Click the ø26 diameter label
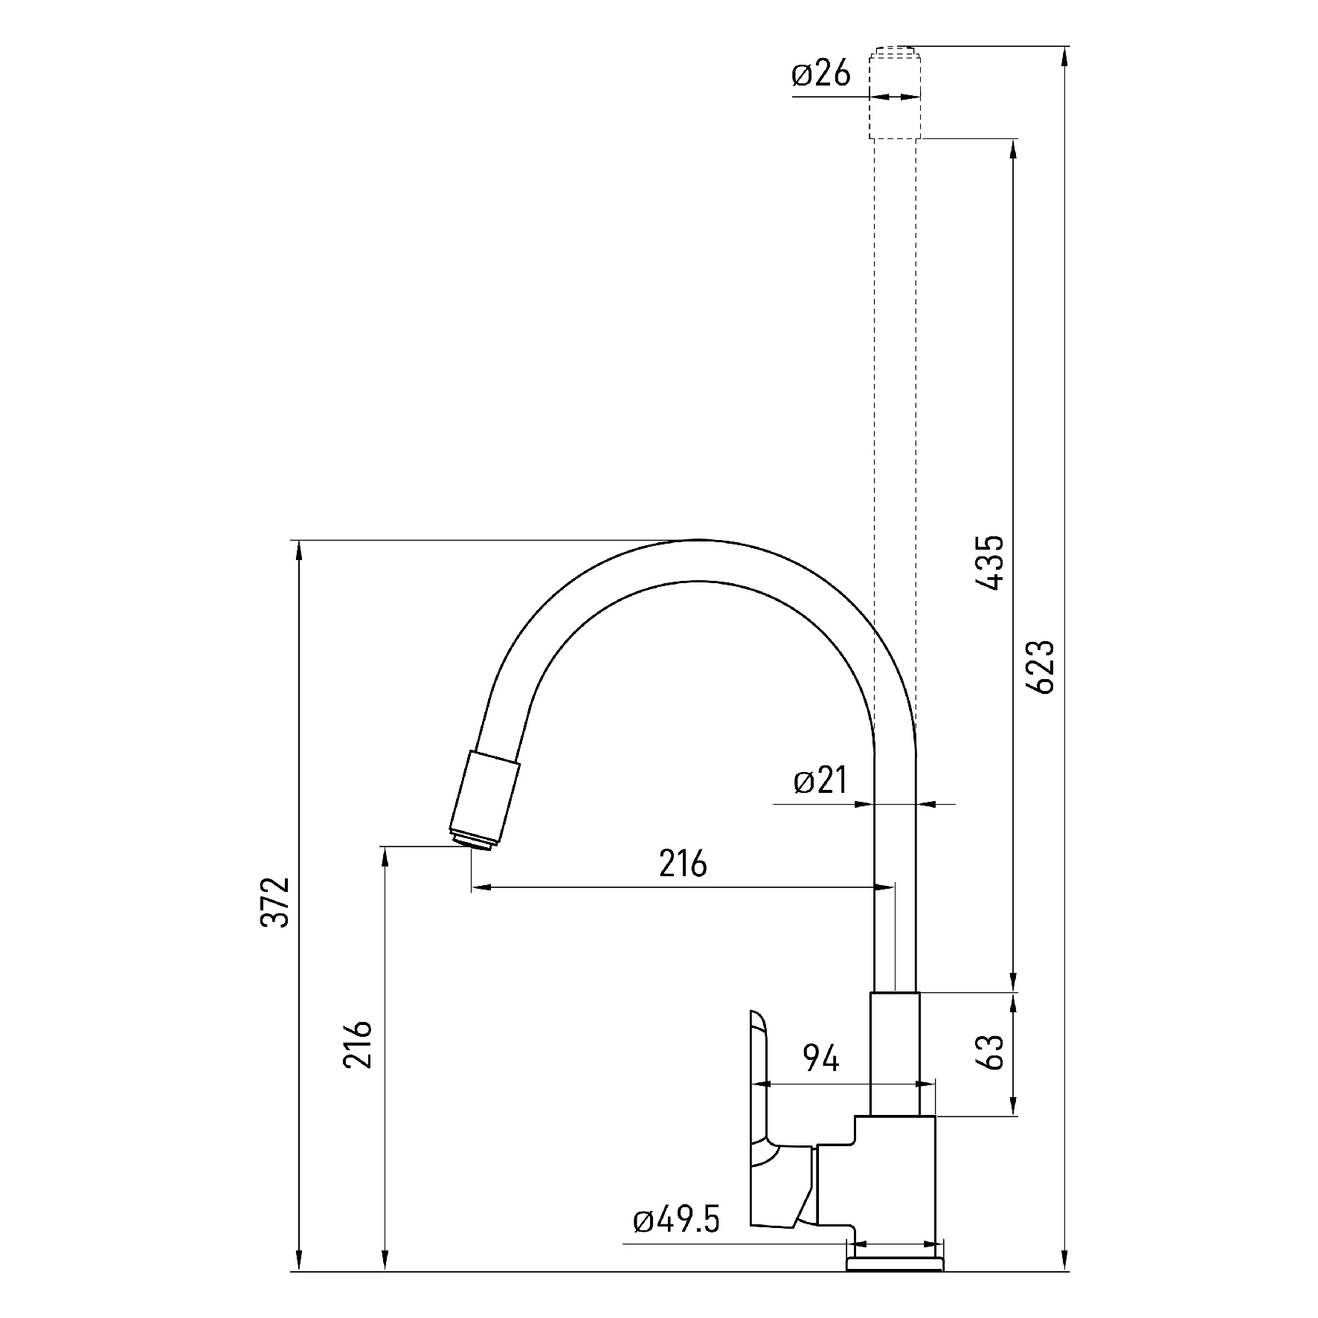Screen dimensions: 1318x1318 (820, 74)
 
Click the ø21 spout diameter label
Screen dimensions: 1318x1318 (820, 781)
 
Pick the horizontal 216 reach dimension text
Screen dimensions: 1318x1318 (683, 864)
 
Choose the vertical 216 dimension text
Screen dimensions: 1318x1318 (358, 1044)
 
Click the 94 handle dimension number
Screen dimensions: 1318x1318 (821, 1058)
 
